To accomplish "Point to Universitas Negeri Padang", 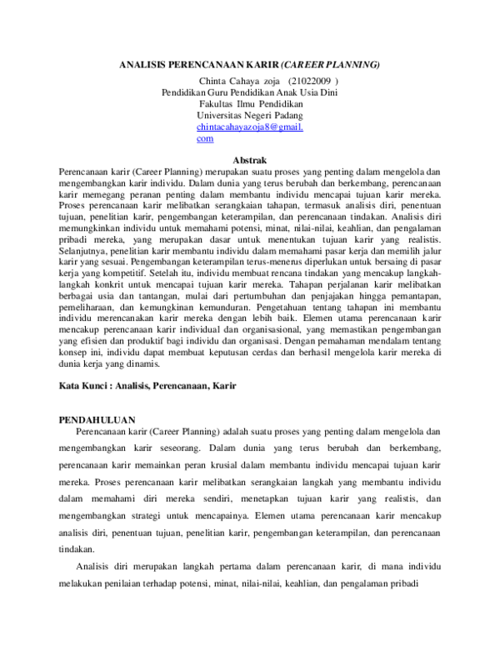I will [x=250, y=115].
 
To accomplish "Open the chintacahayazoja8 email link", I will [x=249, y=127].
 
